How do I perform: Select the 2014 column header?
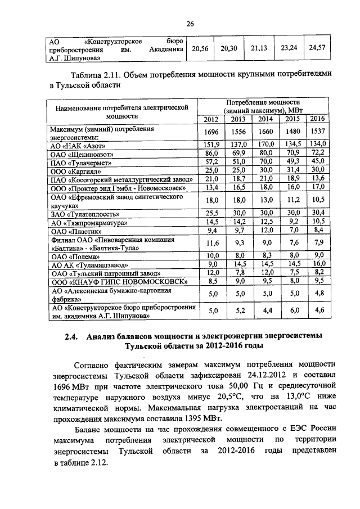pos(265,119)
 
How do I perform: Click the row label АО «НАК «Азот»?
pos(74,145)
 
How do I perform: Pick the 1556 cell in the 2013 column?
pos(238,132)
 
